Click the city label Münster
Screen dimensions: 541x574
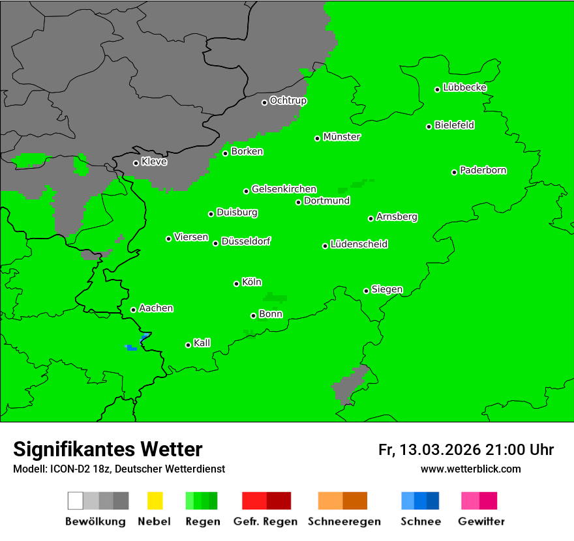click(x=342, y=137)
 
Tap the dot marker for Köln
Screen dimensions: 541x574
click(x=236, y=284)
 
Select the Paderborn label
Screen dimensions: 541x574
click(x=483, y=170)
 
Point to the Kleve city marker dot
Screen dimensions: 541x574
click(x=136, y=163)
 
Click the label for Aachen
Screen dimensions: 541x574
click(x=156, y=308)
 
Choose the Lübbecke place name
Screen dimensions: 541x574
click(x=464, y=87)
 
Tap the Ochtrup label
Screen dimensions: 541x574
click(x=288, y=100)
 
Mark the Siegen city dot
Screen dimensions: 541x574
click(x=366, y=291)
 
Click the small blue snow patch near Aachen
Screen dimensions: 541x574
click(x=131, y=347)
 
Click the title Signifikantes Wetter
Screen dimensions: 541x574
click(x=108, y=449)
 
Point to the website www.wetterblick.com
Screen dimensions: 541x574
click(x=470, y=469)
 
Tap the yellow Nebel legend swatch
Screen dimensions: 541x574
click(x=155, y=501)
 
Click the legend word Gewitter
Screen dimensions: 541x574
click(x=481, y=521)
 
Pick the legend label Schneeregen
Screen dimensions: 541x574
click(x=343, y=521)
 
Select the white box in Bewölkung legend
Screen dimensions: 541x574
click(x=76, y=501)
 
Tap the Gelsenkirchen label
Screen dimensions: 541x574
click(x=284, y=189)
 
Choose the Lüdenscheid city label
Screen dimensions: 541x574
click(x=359, y=244)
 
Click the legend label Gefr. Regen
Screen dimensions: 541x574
click(x=265, y=521)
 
